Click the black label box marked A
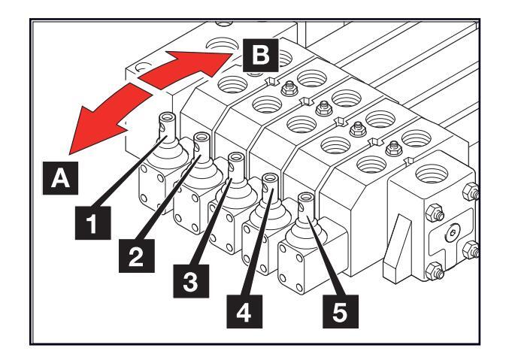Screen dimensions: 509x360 [x=60, y=178]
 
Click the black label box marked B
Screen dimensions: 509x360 [x=261, y=55]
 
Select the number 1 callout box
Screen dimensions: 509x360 [x=92, y=223]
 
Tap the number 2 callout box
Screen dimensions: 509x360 [x=137, y=256]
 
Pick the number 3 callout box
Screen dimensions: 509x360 [x=191, y=281]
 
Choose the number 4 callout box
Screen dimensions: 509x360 [x=244, y=311]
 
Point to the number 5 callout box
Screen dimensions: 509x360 [x=341, y=311]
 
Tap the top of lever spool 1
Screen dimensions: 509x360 [x=167, y=116]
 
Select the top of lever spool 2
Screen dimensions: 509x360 [x=201, y=136]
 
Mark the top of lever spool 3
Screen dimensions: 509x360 [x=236, y=156]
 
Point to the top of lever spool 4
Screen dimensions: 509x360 [x=270, y=177]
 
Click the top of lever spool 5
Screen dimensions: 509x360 [x=306, y=197]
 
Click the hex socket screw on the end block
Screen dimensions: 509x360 [x=452, y=233]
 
